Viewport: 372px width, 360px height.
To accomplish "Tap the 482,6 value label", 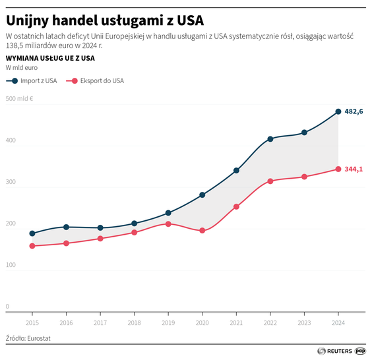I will tap(354, 111).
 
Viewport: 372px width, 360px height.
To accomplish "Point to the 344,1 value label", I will tap(354, 169).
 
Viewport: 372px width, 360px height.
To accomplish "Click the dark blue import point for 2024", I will tap(338, 111).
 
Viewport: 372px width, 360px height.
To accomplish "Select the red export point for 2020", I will tap(202, 231).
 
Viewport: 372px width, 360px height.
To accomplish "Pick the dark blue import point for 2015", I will tap(32, 233).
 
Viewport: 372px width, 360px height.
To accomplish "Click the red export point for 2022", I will tap(270, 181).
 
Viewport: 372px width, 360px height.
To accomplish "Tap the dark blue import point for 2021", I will tap(236, 170).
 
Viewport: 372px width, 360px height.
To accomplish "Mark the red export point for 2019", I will tap(168, 224).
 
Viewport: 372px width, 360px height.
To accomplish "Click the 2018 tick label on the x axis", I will tap(134, 323).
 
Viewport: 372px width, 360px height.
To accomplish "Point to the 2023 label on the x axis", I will tap(304, 323).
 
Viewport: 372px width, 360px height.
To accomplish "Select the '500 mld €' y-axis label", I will tap(20, 100).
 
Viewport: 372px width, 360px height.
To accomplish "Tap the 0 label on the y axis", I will tap(8, 307).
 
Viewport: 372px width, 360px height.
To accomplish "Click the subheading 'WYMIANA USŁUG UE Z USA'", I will tap(49, 58).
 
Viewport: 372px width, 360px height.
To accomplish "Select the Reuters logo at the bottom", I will tap(334, 351).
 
